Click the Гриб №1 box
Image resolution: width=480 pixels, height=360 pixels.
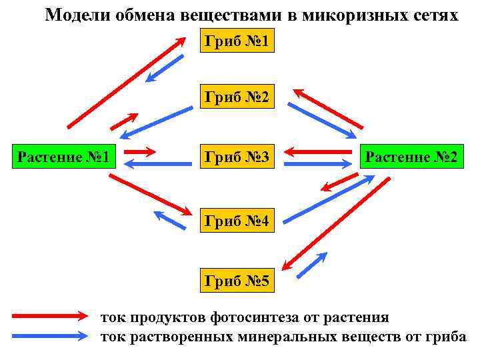pos(236,42)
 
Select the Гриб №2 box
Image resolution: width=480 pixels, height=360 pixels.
pos(236,98)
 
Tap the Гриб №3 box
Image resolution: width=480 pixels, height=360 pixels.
pos(236,157)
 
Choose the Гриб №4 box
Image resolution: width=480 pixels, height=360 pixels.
pos(236,220)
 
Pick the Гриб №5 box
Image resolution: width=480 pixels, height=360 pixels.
pos(236,281)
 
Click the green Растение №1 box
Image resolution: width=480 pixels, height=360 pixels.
pos(64,157)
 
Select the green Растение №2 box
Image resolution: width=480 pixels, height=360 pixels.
pos(409,157)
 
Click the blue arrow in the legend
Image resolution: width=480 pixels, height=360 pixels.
pos(50,336)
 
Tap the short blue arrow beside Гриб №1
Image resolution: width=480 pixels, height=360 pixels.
pos(165,68)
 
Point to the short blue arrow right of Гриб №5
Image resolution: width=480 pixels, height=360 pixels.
pos(311,265)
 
